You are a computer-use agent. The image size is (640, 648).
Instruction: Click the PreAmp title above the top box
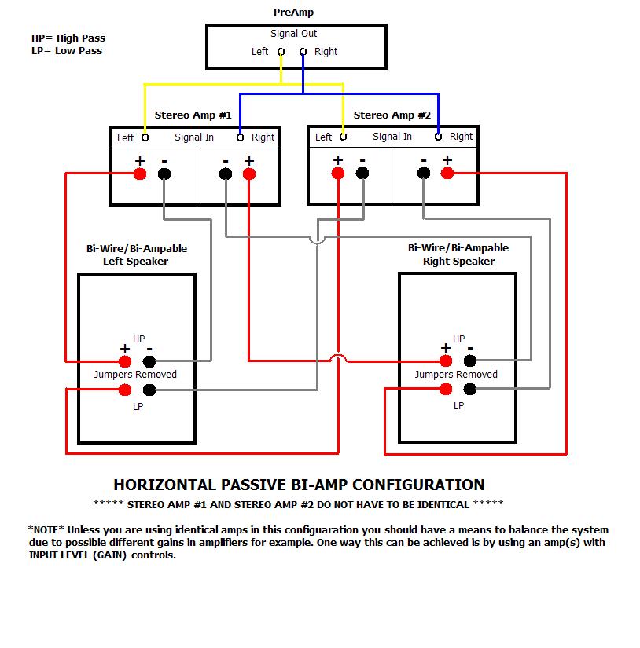[294, 13]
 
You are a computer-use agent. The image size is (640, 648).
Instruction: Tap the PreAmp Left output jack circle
[281, 53]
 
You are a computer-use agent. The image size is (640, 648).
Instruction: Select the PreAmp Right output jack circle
[303, 53]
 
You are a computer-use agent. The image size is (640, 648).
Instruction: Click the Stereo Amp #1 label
[193, 115]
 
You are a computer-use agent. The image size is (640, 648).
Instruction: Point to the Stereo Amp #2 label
[392, 115]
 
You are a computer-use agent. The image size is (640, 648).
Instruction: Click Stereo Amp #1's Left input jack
[145, 137]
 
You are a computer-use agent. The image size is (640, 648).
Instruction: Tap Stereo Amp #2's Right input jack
[438, 137]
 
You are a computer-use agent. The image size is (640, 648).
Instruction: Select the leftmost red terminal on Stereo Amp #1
[140, 174]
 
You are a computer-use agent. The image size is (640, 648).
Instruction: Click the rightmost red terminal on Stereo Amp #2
[447, 174]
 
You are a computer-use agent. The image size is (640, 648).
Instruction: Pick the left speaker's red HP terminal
[124, 361]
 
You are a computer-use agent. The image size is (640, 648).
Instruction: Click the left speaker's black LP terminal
[149, 390]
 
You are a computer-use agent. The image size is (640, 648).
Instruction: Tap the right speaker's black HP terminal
[470, 361]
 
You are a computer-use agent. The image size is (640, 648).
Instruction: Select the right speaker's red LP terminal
[445, 390]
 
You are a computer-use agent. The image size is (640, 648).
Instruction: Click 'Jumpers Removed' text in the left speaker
[135, 375]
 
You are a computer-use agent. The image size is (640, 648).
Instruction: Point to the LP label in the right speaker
[458, 406]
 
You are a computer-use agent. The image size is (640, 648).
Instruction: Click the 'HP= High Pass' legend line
[68, 38]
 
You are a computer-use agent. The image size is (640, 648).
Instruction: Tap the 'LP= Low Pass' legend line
[66, 51]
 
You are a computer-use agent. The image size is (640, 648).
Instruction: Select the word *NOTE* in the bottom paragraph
[46, 530]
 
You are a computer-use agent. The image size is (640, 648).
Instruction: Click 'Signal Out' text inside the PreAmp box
[294, 34]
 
